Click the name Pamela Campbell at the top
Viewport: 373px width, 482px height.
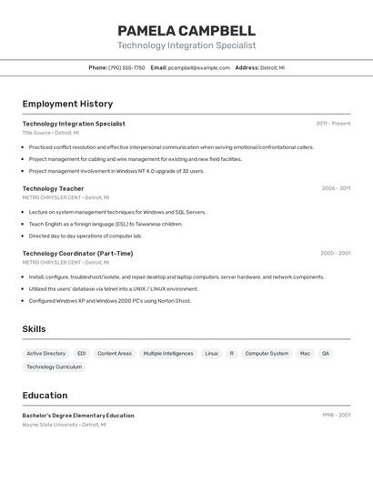(186, 31)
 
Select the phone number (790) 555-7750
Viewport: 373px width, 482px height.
(126, 67)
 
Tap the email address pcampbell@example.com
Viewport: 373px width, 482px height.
(199, 67)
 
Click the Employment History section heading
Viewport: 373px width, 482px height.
(67, 104)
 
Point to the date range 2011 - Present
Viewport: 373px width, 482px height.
(333, 124)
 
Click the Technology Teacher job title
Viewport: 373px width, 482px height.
(53, 188)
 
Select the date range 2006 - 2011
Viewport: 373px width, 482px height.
(336, 188)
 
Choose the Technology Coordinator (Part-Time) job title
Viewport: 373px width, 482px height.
(77, 254)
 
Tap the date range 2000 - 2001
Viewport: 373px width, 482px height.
(335, 254)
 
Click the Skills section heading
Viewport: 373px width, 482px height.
(35, 329)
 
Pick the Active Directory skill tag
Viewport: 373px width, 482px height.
(45, 353)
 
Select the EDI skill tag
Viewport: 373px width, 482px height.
(81, 353)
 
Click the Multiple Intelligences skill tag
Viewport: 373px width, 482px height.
(168, 353)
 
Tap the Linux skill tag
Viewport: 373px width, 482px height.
(211, 353)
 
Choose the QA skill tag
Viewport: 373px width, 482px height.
(326, 353)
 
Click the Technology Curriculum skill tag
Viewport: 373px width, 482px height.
(55, 367)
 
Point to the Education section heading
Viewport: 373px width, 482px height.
(45, 396)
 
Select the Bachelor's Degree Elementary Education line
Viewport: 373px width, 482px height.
(78, 416)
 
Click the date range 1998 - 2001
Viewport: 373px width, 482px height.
(336, 416)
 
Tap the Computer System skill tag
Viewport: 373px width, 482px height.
(267, 353)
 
